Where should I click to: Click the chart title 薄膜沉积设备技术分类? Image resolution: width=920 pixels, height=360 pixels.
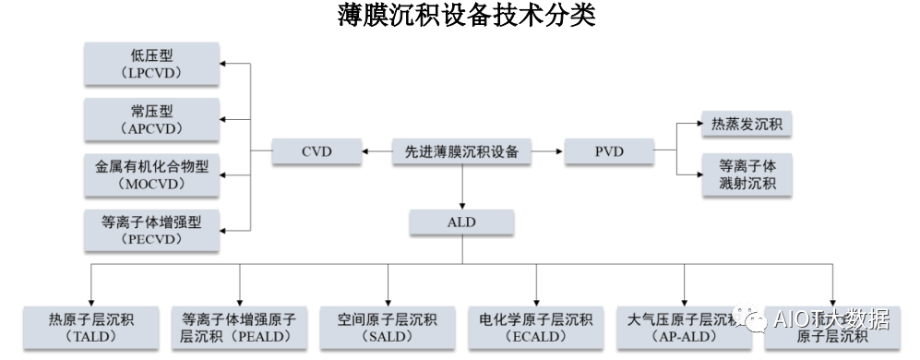460,16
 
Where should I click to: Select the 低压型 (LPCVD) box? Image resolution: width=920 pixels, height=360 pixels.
151,64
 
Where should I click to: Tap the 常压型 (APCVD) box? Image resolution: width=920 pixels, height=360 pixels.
151,119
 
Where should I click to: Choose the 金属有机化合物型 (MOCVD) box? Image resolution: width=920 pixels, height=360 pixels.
151,174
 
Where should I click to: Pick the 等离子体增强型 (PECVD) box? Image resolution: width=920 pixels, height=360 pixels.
151,230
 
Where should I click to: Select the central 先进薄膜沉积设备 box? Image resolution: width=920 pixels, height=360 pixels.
461,150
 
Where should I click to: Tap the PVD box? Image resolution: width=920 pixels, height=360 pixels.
608,150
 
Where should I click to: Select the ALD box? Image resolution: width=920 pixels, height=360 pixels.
461,222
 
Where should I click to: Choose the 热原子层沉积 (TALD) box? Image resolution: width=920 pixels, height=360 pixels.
90,329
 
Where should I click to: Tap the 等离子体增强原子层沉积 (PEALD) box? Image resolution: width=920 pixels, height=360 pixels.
238,329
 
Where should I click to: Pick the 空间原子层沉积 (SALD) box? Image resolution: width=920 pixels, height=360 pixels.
387,329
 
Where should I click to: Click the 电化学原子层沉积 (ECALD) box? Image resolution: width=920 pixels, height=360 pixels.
535,329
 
